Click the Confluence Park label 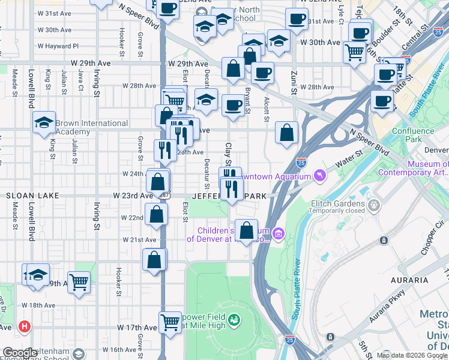pyautogui.click(x=412, y=136)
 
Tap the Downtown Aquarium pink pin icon pyautogui.click(x=319, y=176)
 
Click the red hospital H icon pyautogui.click(x=24, y=327)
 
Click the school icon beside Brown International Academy pyautogui.click(x=44, y=123)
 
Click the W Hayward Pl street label pyautogui.click(x=58, y=46)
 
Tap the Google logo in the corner pyautogui.click(x=20, y=353)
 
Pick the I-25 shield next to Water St pyautogui.click(x=301, y=163)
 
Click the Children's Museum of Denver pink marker pyautogui.click(x=277, y=233)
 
